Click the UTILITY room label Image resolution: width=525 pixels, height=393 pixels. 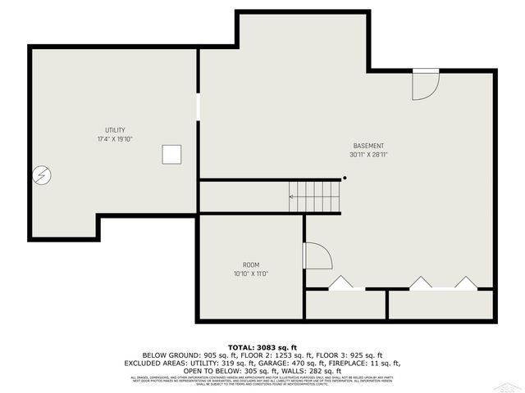tap(114, 131)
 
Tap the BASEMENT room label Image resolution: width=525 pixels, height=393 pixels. tap(368, 146)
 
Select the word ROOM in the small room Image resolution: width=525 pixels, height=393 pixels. tap(250, 264)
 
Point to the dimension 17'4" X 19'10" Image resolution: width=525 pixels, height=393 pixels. tap(114, 139)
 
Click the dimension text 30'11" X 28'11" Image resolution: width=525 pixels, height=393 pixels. tap(368, 154)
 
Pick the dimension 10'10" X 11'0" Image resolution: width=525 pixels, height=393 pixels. tap(250, 273)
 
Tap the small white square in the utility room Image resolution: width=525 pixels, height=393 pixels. tap(171, 155)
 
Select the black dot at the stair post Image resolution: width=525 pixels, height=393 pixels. tap(345, 178)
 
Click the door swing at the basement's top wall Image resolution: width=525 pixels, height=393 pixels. tap(424, 85)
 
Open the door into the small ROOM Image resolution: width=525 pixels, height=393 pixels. tap(317, 255)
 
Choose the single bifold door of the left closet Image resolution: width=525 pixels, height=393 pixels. tap(340, 283)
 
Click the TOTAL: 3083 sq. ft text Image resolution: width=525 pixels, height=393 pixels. tap(262, 348)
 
